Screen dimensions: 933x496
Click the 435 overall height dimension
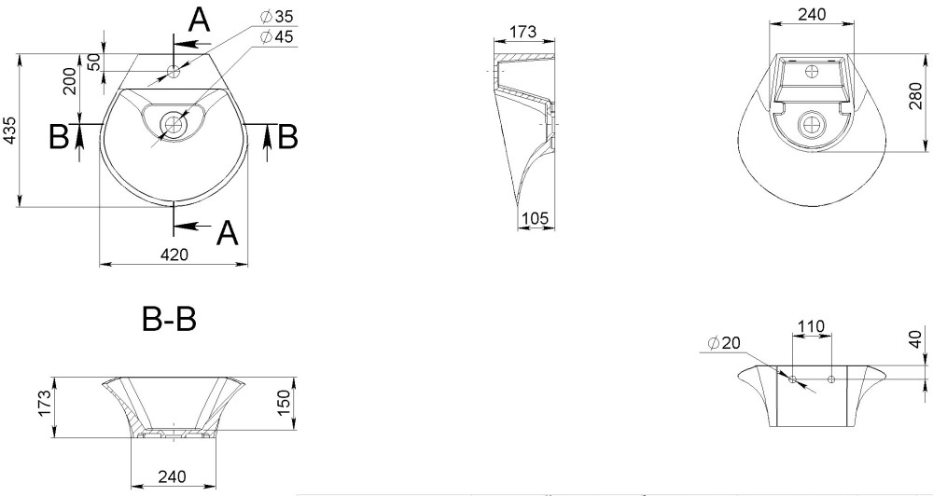tap(10, 131)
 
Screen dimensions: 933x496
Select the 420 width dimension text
tap(174, 255)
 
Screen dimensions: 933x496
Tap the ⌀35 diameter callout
tap(277, 17)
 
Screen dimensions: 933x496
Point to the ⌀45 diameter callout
tap(277, 37)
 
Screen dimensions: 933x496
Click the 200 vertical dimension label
tap(70, 81)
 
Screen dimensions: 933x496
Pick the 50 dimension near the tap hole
tap(94, 62)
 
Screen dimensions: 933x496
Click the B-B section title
tap(169, 320)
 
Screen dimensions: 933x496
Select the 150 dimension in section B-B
tap(285, 403)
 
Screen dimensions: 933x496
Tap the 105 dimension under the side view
tap(535, 218)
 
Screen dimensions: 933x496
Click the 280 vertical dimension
tap(916, 96)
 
